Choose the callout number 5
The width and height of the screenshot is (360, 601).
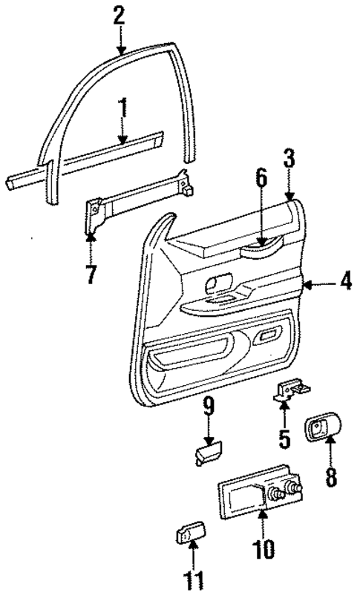(x=284, y=439)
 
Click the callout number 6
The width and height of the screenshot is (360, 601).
(x=261, y=200)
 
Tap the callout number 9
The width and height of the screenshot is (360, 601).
(x=209, y=407)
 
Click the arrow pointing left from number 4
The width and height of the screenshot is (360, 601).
(x=311, y=283)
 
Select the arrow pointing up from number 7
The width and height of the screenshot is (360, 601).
(x=90, y=246)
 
